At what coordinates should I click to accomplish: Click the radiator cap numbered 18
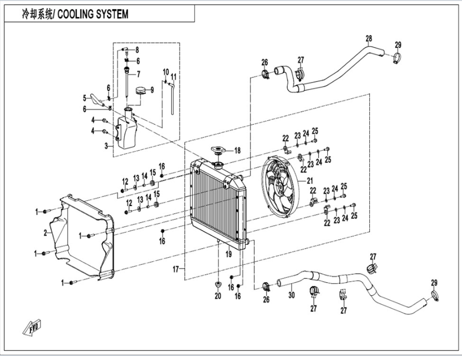[218, 151]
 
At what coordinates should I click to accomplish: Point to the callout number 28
[368, 38]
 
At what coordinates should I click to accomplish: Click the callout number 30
[291, 294]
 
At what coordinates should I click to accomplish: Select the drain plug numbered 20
[218, 281]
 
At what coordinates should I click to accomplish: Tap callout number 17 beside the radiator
[176, 269]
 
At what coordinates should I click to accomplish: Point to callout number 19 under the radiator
[229, 255]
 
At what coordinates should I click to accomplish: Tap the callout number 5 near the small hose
[84, 97]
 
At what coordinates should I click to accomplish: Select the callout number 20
[217, 296]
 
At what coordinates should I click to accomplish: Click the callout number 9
[152, 89]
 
